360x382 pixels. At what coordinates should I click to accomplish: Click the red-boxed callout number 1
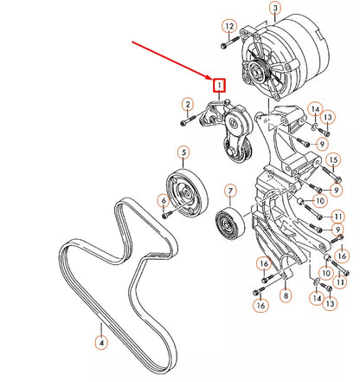tap(219, 86)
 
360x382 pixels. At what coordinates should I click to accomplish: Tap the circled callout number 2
tap(188, 105)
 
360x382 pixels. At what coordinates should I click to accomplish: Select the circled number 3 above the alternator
tap(275, 9)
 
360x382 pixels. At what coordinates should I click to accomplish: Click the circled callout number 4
tap(101, 343)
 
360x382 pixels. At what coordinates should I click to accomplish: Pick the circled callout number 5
tap(183, 152)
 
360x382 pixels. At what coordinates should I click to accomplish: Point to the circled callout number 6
tap(164, 200)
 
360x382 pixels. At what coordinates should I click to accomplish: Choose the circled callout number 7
tap(230, 191)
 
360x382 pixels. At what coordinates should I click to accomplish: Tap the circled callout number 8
tap(286, 295)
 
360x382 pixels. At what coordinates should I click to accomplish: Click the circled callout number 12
tap(229, 27)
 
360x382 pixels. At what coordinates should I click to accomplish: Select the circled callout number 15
tap(333, 159)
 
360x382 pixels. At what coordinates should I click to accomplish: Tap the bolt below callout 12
tap(230, 42)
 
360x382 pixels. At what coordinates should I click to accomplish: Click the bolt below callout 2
tap(188, 120)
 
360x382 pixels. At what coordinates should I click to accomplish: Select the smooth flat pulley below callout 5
tap(187, 193)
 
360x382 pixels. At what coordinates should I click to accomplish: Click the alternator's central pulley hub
tap(259, 71)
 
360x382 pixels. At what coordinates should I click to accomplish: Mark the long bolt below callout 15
tap(330, 172)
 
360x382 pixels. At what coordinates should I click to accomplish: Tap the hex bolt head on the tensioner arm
tap(232, 152)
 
